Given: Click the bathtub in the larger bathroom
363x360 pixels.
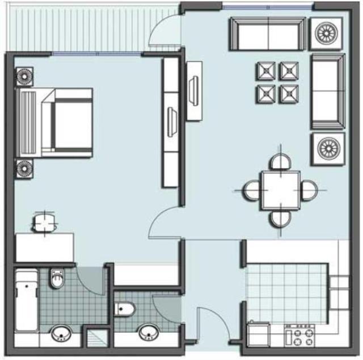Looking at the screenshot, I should click(x=26, y=301).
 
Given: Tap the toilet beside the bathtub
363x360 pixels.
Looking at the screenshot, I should click(x=57, y=279).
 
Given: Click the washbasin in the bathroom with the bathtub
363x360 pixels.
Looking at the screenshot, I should click(x=61, y=333).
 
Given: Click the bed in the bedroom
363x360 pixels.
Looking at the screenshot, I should click(x=57, y=122).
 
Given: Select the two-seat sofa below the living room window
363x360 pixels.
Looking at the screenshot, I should click(x=267, y=34).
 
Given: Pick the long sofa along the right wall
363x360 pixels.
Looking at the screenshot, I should click(x=328, y=91).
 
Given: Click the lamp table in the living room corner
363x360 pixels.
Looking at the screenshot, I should click(x=328, y=33).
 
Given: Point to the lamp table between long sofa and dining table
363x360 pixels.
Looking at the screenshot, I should click(x=328, y=149).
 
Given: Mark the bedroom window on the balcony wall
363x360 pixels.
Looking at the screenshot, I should click(x=96, y=53).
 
